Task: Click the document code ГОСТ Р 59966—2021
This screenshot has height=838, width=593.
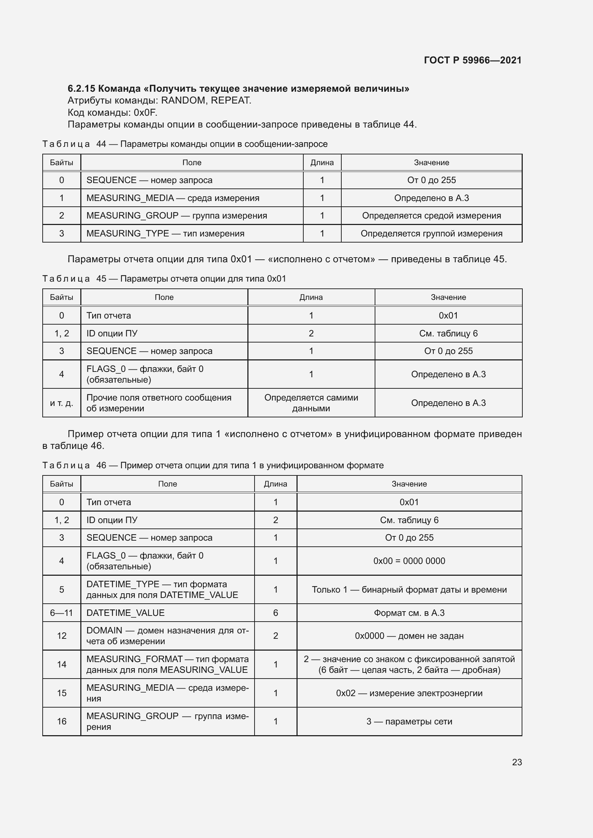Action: point(473,60)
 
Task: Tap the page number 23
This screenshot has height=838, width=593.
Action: point(517,762)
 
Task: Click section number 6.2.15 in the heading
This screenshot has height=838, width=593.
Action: point(81,89)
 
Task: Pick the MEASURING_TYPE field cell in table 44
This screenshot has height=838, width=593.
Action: point(165,234)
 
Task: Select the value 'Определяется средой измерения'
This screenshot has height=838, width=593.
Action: point(431,216)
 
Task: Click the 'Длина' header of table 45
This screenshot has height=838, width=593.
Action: point(311,297)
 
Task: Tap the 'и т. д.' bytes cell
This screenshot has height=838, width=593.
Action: point(61,403)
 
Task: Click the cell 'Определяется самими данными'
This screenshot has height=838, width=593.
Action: point(311,403)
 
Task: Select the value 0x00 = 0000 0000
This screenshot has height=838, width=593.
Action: point(409,561)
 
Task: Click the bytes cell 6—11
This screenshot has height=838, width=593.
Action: point(61,613)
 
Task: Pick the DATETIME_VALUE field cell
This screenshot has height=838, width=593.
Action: point(125,613)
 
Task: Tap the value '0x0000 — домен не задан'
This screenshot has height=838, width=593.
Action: point(409,636)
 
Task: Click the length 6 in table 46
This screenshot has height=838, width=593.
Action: point(275,613)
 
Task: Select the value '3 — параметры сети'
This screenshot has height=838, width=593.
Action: point(409,722)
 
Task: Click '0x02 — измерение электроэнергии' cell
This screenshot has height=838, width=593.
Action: point(409,693)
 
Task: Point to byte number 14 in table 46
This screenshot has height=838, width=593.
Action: point(61,664)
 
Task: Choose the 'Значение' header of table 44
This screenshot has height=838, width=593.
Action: point(431,163)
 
